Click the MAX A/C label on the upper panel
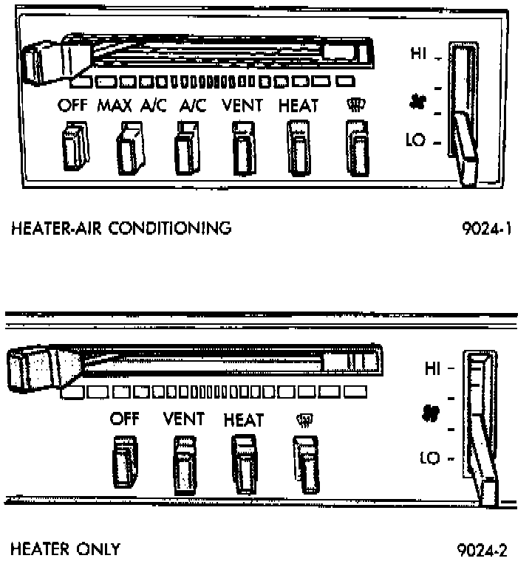point(126,106)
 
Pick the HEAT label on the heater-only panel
point(243,421)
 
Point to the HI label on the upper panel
point(419,53)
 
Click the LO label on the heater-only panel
point(430,458)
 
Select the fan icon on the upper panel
point(415,102)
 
